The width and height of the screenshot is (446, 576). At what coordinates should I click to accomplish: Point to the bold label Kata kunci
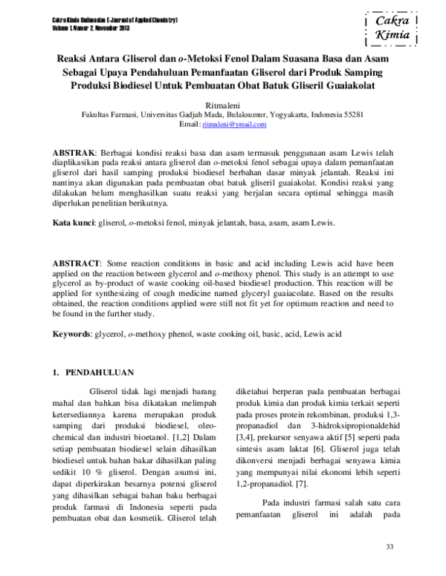pos(73,222)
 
